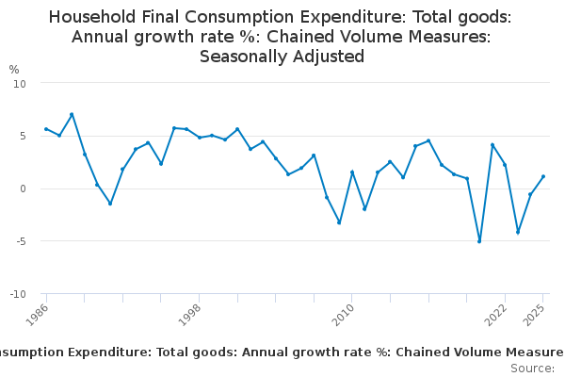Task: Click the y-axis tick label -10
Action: coord(19,294)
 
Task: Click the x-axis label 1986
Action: coord(38,314)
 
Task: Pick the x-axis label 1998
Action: coord(190,314)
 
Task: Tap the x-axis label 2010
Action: coord(343,314)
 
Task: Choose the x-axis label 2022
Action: coord(495,314)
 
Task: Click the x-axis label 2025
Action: coord(534,314)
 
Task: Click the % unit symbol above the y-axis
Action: coord(14,70)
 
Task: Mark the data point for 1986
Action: coord(46,129)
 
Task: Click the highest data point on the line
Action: coord(72,115)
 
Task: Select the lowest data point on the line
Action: coord(479,242)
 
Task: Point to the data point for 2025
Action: coord(543,176)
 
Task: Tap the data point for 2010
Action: coord(352,172)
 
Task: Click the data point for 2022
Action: coord(505,165)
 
